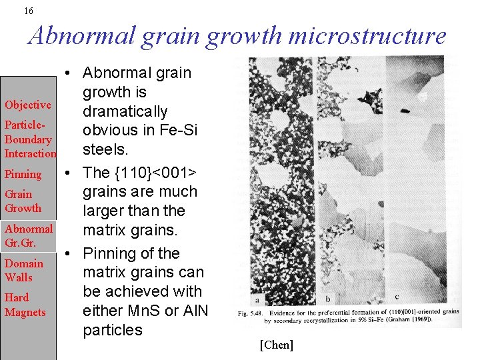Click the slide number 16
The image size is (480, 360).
tap(28, 11)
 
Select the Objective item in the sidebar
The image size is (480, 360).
tap(27, 105)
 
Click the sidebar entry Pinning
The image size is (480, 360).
tap(23, 175)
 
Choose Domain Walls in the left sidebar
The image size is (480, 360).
tap(23, 270)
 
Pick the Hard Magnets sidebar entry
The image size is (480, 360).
tap(25, 305)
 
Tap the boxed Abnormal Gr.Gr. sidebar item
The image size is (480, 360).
tap(28, 235)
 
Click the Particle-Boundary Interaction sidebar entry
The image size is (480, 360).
tap(29, 139)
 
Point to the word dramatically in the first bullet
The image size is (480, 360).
tap(125, 111)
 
